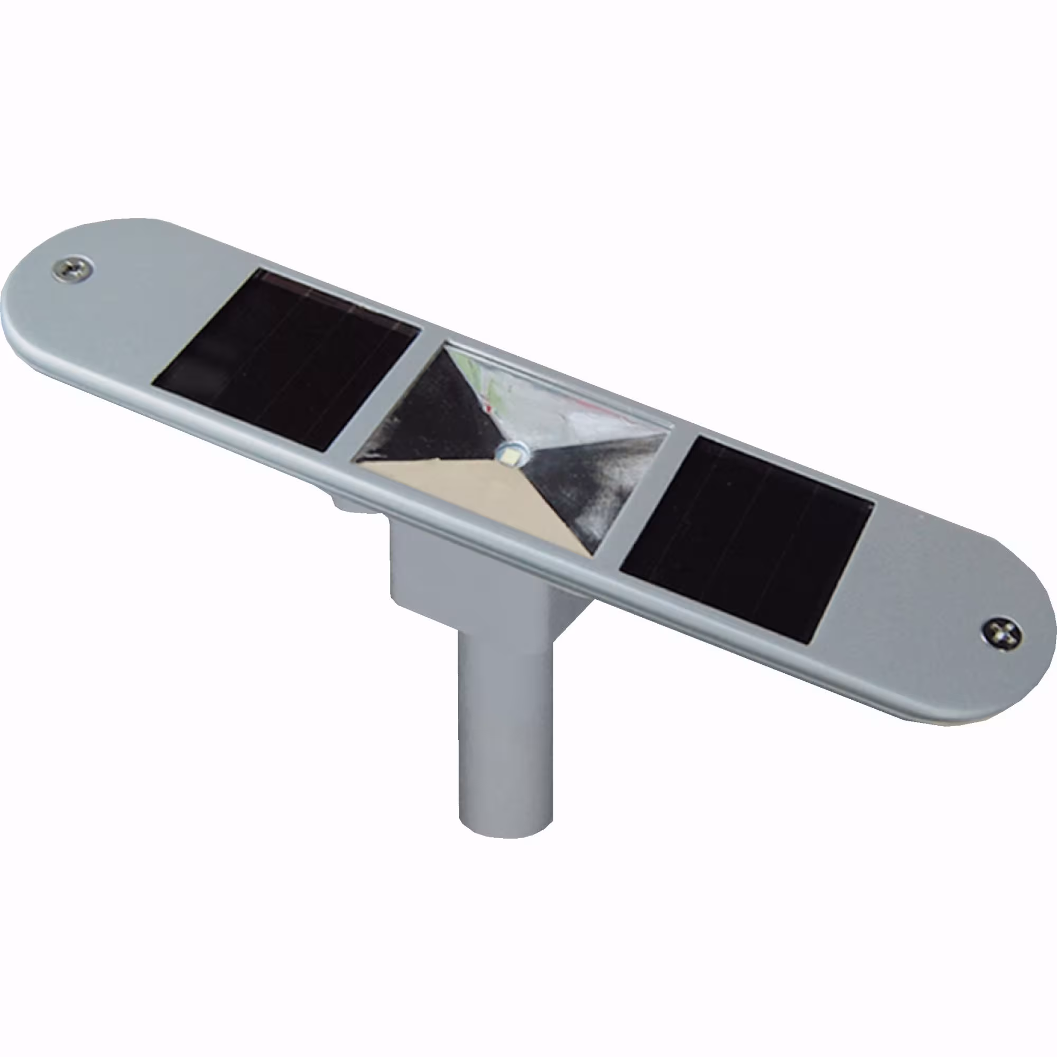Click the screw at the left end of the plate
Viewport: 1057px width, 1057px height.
(73, 269)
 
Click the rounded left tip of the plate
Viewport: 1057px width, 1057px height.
(16, 307)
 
